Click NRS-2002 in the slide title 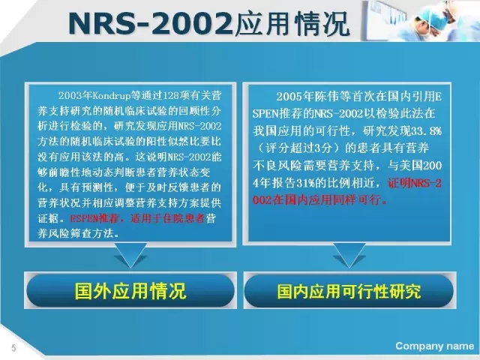click(151, 23)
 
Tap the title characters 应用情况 click(292, 23)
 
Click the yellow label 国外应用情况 click(130, 290)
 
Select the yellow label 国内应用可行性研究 click(349, 291)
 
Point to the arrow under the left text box click(130, 255)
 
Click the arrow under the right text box click(349, 255)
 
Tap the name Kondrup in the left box click(111, 96)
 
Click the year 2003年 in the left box click(75, 96)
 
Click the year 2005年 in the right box click(293, 97)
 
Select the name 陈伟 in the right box click(325, 97)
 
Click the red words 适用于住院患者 click(167, 218)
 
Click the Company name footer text click(435, 346)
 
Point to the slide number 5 click(13, 348)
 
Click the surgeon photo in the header click(421, 20)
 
